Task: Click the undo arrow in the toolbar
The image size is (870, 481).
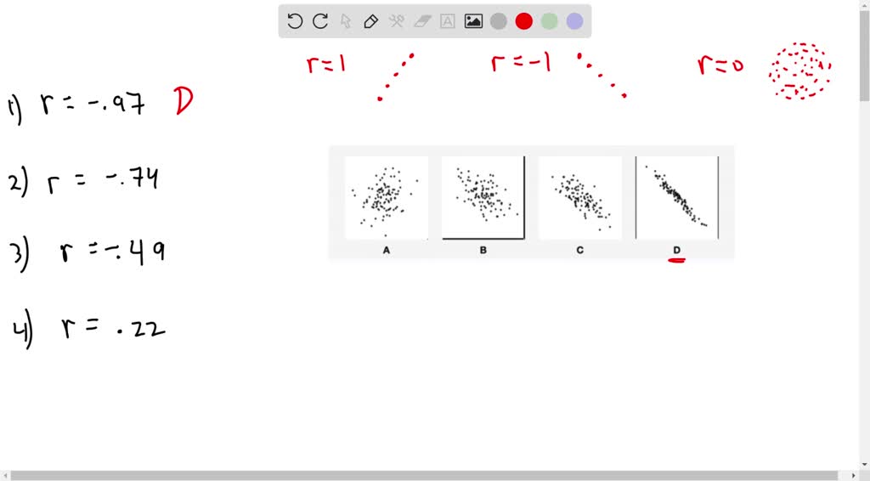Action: (x=295, y=21)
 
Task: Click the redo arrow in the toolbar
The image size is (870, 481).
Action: (x=320, y=21)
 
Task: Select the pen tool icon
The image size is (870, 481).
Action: (x=370, y=21)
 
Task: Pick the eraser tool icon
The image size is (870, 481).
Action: (x=422, y=21)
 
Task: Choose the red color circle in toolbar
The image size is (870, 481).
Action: (x=524, y=21)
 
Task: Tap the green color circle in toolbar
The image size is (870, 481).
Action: (x=550, y=21)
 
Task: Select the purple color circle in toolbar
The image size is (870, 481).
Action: (x=575, y=21)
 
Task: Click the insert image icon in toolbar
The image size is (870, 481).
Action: (x=473, y=21)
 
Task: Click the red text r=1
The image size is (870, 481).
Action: (x=326, y=64)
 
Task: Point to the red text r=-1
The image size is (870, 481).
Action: (x=521, y=63)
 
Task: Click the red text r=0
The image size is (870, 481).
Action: (x=720, y=65)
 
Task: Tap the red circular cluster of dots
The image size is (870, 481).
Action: (x=799, y=71)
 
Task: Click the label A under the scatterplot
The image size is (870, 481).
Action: (x=387, y=251)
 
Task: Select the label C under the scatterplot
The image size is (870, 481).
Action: (x=579, y=251)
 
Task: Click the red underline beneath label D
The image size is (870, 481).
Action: (x=676, y=260)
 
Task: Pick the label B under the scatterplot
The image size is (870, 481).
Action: (x=483, y=251)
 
